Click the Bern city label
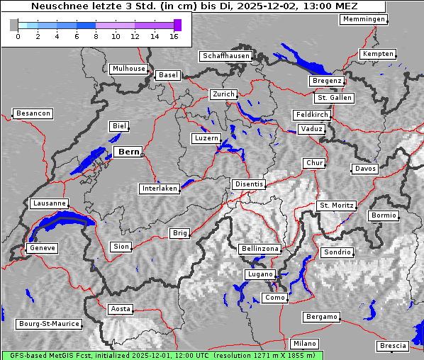pos(128,152)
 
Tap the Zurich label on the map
pos(223,94)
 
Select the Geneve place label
pos(42,248)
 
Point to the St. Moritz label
pos(336,206)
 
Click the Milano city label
pos(305,344)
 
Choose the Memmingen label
pos(364,19)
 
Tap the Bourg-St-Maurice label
pos(49,324)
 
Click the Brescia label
pos(393,346)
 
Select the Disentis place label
pos(249,184)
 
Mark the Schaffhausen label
pos(225,56)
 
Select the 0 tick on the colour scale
pos(18,36)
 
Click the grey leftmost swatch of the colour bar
pos(14,26)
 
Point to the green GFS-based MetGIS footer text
pos(162,355)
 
